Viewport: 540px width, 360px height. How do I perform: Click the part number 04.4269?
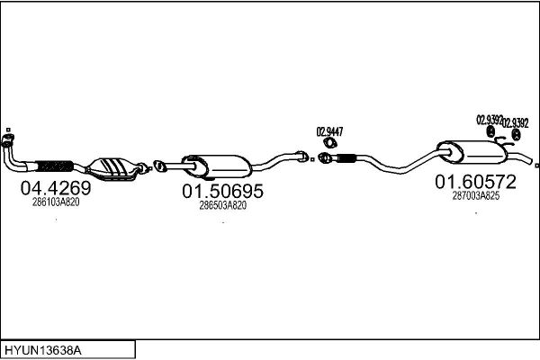coord(56,188)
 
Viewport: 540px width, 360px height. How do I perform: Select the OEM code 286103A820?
coord(56,202)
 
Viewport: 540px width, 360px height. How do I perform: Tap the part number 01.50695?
coord(222,191)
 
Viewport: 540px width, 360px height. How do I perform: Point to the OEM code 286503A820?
coord(223,205)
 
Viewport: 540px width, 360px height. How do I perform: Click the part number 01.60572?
coord(475,182)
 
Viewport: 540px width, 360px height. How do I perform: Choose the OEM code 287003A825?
coord(475,195)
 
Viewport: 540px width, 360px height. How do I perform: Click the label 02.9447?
coord(329,131)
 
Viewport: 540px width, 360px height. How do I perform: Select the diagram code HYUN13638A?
coord(43,351)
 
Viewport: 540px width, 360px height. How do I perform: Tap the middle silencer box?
coord(216,166)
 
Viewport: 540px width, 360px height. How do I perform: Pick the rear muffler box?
coord(472,152)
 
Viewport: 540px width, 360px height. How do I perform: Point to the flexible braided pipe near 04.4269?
coord(54,166)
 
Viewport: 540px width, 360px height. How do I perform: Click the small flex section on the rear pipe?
coord(346,158)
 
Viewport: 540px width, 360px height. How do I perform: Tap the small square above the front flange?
coord(8,130)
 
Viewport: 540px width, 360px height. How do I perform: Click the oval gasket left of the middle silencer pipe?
coord(158,166)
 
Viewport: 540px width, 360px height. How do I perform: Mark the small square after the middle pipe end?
coord(312,159)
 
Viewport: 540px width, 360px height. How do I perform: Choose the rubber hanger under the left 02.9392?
coord(490,131)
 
